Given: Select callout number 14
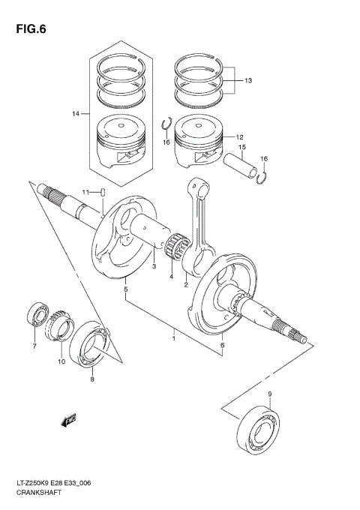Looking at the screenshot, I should (76, 113).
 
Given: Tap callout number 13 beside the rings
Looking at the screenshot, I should (249, 80).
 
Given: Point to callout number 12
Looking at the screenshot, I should (240, 138).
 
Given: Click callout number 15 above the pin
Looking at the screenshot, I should (242, 148).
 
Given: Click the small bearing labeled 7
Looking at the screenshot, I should (38, 315).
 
